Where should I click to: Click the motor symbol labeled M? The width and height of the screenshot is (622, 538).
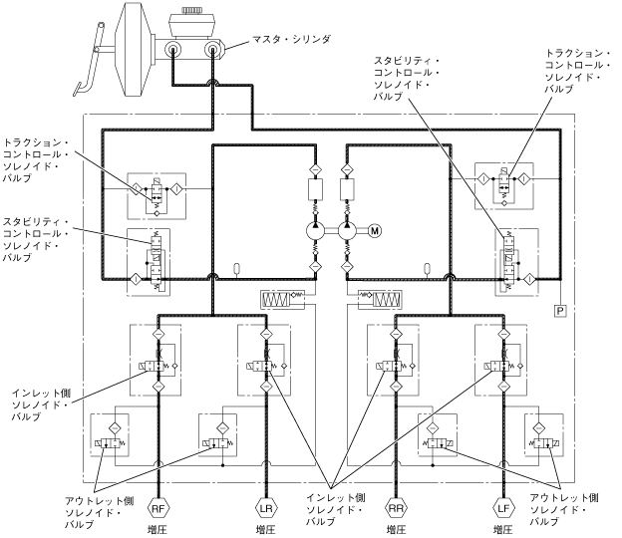(375, 231)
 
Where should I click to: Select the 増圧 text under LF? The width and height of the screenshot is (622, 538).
(502, 528)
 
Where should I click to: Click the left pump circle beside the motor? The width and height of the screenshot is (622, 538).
(314, 231)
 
